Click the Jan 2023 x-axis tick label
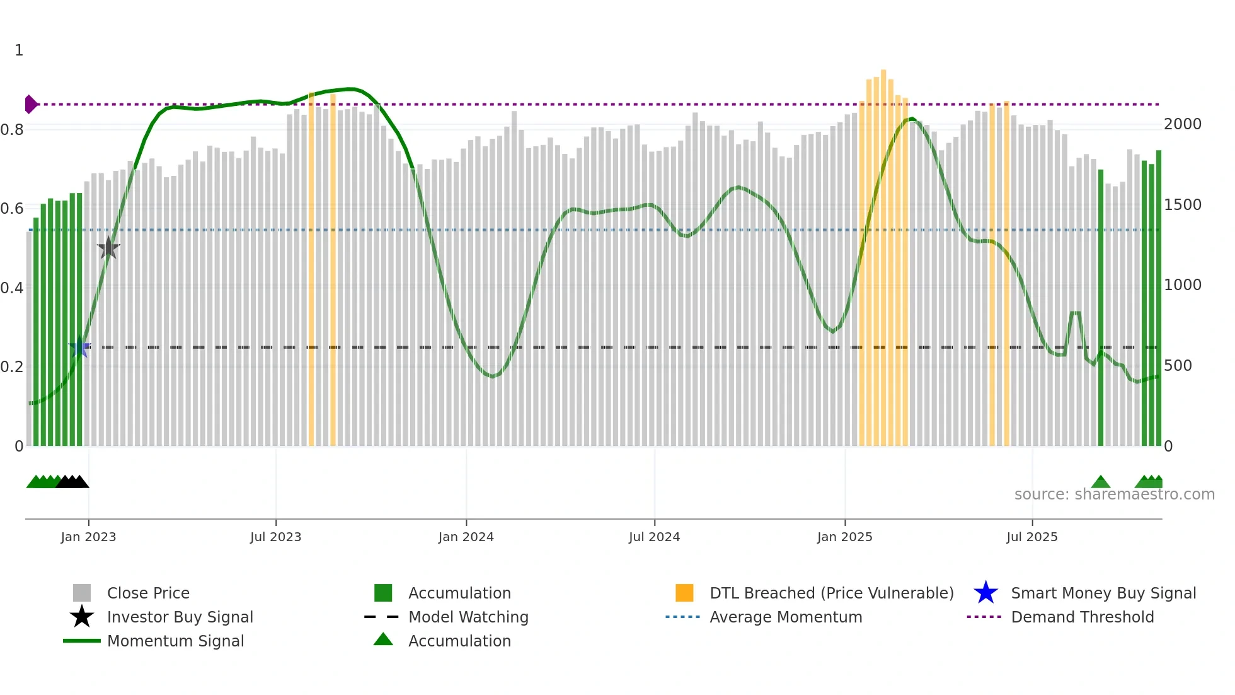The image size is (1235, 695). pos(88,537)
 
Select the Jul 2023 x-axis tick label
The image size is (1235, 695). pos(275,537)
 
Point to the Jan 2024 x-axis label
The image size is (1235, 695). pos(466,537)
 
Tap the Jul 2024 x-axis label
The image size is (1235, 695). pos(654,537)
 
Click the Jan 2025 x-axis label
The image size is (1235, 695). pos(844,537)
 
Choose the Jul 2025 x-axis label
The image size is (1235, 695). pos(1031,537)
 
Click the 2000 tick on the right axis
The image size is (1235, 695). pos(1182,124)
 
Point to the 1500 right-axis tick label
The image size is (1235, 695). pos(1182,205)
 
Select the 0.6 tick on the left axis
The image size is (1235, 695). pos(12,209)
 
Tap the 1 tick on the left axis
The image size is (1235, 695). pos(19,50)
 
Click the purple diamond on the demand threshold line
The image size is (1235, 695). pos(30,104)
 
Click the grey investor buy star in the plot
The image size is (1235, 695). pos(108,248)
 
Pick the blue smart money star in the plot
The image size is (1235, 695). pos(79,347)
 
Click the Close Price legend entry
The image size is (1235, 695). pos(147,593)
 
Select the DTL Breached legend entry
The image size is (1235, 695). pos(831,593)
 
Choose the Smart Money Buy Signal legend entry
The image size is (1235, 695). pos(1103,593)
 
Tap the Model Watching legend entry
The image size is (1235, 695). pos(468,617)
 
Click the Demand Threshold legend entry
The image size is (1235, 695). pos(1082,617)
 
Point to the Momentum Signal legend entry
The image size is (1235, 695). pos(175,641)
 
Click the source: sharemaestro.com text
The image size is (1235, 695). pos(1114,494)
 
